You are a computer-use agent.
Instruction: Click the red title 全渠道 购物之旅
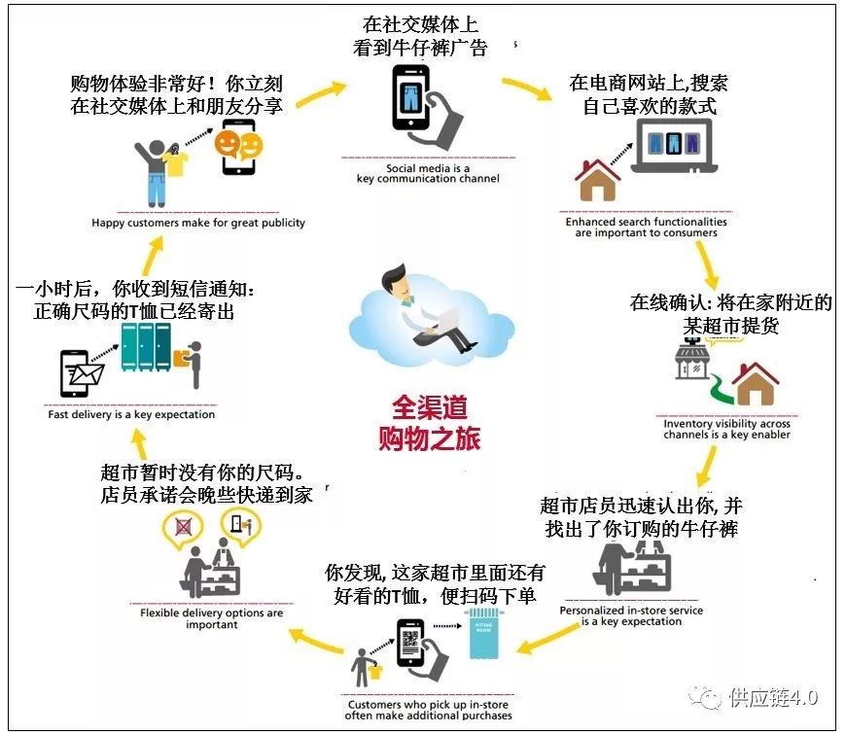coord(429,421)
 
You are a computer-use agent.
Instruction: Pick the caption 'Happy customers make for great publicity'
coord(198,223)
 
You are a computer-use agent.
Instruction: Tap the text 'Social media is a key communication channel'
coord(428,173)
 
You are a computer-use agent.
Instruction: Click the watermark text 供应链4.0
coord(773,697)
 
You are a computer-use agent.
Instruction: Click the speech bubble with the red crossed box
coord(182,528)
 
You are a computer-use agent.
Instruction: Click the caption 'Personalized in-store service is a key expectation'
coord(631,615)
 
